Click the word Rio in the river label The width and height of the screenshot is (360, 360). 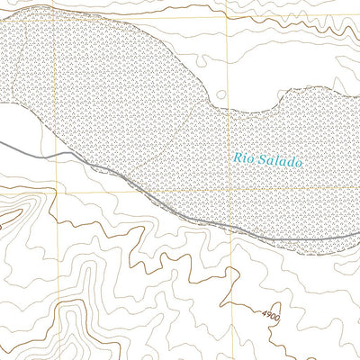tap(243, 158)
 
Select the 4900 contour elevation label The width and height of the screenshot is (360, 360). tap(273, 317)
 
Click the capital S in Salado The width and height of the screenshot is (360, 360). tap(260, 159)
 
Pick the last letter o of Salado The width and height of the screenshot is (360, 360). tap(299, 162)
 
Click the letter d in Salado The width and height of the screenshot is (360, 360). tap(290, 161)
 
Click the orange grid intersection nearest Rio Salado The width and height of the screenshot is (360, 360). tap(229, 190)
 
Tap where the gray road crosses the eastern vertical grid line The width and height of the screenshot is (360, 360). tap(229, 228)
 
